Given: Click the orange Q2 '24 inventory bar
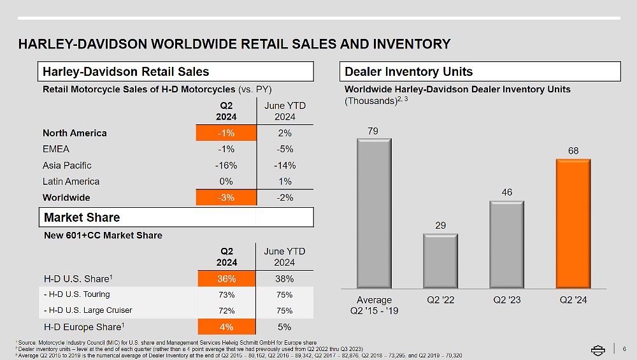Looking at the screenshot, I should point(573,224).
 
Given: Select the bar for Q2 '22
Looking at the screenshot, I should point(440,261).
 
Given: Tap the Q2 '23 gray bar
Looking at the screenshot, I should point(506,245).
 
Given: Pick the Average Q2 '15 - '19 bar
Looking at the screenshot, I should point(373,213).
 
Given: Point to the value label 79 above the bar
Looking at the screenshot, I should point(373,131).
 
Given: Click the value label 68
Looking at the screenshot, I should point(573,151).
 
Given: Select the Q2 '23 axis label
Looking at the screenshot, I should point(506,299).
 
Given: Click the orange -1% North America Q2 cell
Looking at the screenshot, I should point(226,133).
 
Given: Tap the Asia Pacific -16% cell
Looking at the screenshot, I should point(226,165).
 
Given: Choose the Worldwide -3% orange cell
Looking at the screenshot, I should point(226,198).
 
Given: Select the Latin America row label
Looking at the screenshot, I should point(71,181).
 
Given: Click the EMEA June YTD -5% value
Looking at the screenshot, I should point(285,149).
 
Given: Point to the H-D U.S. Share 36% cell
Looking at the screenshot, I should point(226,278).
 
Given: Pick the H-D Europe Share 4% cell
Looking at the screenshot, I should point(226,327).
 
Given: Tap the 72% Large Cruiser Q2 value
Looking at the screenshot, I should point(226,311).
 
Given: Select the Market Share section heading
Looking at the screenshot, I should point(82,218).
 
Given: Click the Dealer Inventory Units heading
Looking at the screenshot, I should point(408,71).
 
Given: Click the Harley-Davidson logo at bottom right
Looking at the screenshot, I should point(598,349).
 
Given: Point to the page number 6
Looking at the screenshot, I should point(624,349).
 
